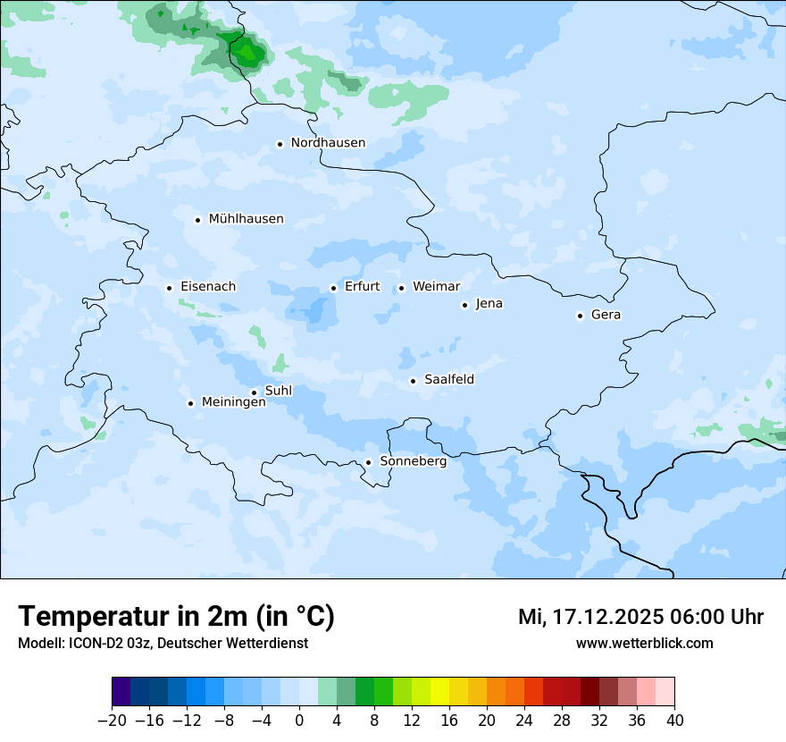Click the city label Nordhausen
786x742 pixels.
coord(328,143)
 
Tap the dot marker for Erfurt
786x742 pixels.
coord(333,288)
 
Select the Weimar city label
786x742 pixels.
coord(436,287)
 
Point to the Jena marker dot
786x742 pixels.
coord(464,305)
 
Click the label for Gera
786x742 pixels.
coord(606,315)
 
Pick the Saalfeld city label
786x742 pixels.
coord(448,380)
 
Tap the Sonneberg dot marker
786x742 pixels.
coord(368,462)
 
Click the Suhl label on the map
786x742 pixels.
coord(279,391)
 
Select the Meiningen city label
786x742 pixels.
coord(234,402)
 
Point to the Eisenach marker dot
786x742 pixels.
coord(169,288)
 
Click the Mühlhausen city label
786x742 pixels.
coord(246,219)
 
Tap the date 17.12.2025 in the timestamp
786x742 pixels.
coord(606,617)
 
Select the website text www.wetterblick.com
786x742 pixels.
coord(644,643)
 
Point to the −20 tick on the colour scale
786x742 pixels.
coord(113,720)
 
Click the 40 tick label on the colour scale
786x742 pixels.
coord(674,720)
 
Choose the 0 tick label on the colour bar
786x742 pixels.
coord(299,720)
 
